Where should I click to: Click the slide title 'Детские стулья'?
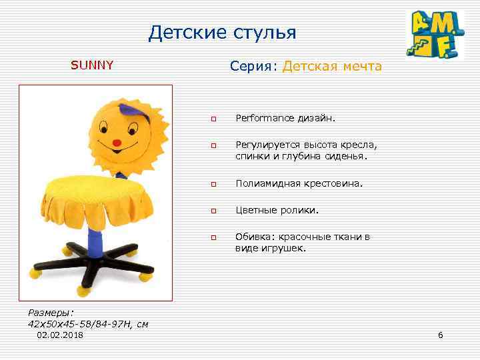pos(222,33)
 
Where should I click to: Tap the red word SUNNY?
pos(93,65)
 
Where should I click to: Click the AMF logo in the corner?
pos(435,35)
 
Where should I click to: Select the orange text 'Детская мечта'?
pos(332,66)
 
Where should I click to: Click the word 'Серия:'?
pos(253,66)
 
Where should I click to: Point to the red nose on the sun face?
pos(117,142)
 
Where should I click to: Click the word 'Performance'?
pos(264,118)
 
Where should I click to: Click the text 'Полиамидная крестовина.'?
pos(299,183)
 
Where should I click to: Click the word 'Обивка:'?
pos(253,237)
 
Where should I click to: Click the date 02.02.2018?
pos(60,335)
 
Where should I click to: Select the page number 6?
pos(440,334)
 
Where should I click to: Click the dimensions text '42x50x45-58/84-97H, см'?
pos(88,323)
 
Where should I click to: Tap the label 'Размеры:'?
pos(52,312)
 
